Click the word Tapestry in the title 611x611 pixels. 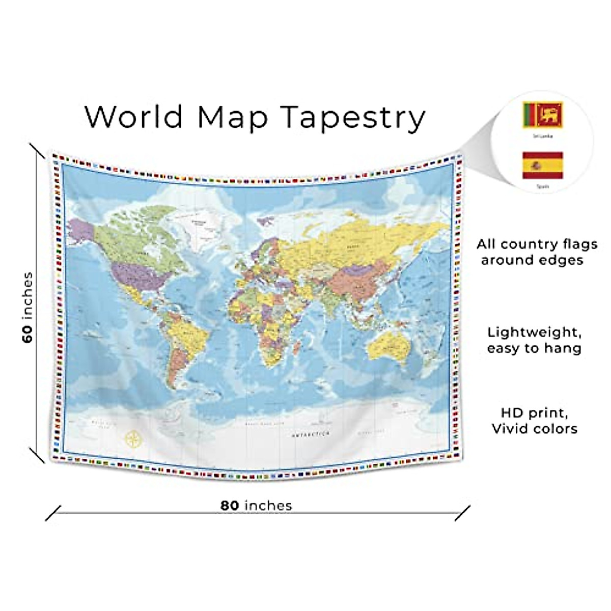click(353, 118)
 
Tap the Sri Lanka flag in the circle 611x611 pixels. click(542, 115)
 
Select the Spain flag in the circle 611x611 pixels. click(542, 165)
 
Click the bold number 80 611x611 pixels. click(230, 506)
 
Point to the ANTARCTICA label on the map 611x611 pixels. click(311, 434)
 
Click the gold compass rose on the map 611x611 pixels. click(134, 439)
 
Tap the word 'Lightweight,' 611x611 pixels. click(534, 332)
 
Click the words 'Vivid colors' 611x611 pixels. click(534, 429)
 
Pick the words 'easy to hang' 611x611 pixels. click(534, 349)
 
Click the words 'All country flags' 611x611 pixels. click(537, 244)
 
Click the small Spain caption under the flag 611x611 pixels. click(542, 186)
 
